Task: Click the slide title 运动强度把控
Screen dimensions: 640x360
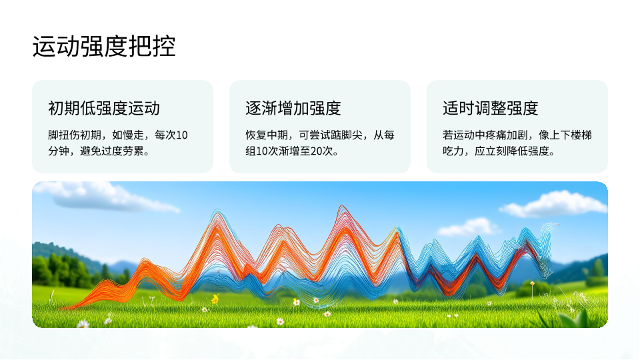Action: pos(104,46)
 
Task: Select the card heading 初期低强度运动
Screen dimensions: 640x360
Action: pos(104,108)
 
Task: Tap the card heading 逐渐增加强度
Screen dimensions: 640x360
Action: pos(293,108)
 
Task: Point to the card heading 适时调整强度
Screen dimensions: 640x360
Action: pos(491,108)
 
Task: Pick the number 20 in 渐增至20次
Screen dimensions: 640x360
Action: pos(316,151)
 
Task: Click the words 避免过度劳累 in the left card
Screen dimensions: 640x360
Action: pos(111,151)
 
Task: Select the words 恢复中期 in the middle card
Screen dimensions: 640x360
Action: pos(267,135)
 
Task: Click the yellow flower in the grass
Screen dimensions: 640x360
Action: pos(215,299)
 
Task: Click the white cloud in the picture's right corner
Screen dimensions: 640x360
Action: pos(555,205)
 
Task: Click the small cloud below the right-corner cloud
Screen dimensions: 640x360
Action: pos(469,227)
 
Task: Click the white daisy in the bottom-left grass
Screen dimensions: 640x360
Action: pos(83,325)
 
